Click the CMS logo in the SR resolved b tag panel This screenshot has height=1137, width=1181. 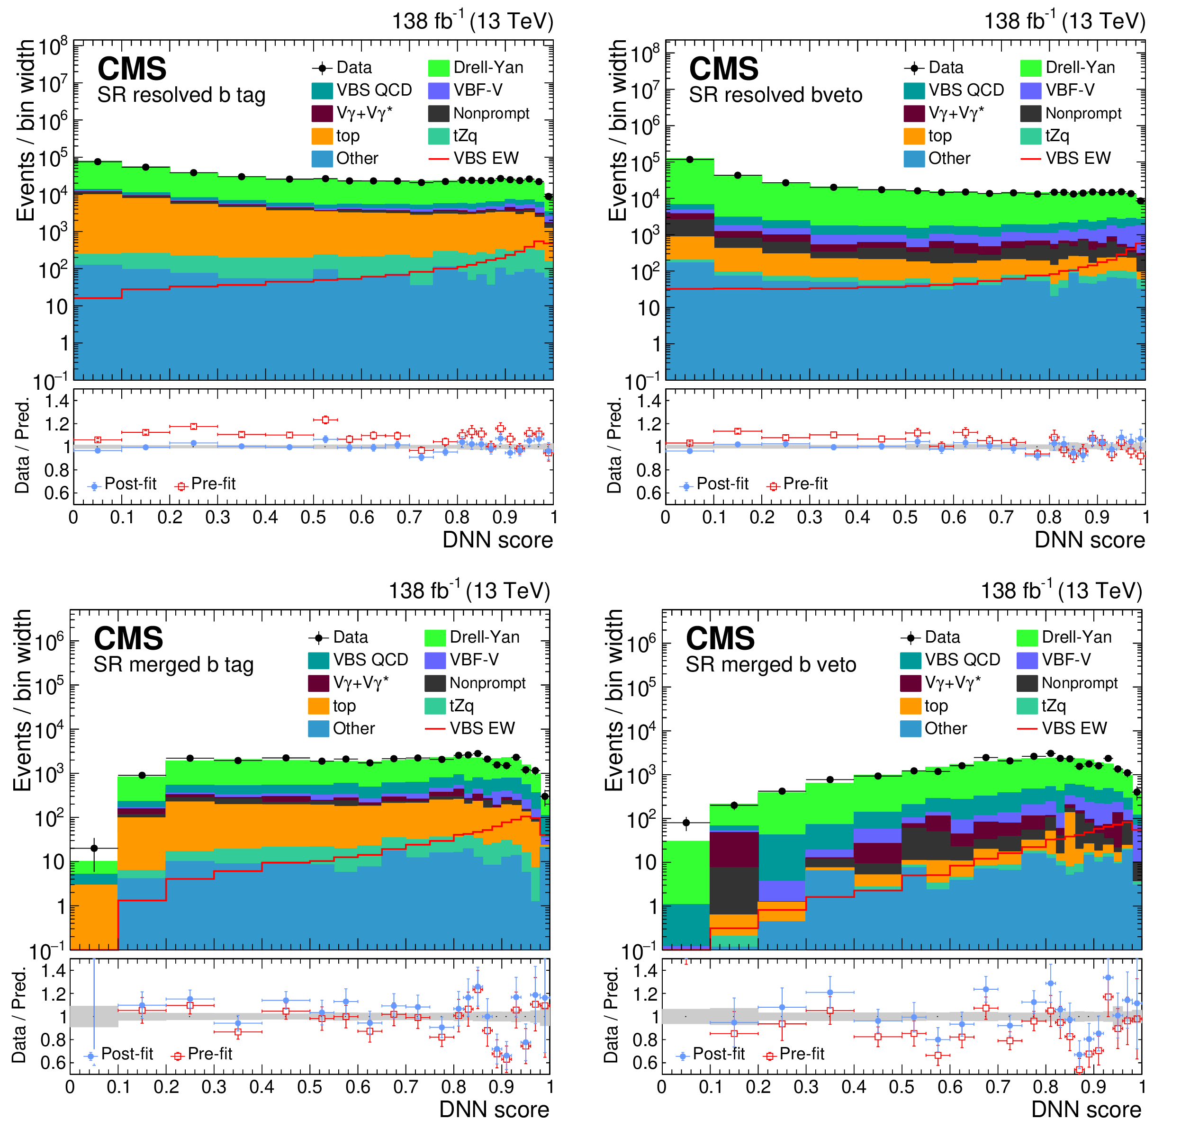click(132, 69)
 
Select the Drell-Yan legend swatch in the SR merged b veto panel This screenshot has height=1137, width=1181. click(1026, 637)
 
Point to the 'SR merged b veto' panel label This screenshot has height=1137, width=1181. click(771, 665)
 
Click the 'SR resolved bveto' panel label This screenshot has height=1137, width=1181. click(775, 95)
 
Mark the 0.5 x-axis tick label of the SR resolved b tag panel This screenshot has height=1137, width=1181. click(313, 517)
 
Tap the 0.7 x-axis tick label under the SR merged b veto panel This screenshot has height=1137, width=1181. click(998, 1087)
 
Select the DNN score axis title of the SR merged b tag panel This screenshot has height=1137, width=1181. click(494, 1110)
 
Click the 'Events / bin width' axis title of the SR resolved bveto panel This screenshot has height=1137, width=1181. click(618, 131)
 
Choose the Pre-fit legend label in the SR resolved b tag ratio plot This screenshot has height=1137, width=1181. click(213, 483)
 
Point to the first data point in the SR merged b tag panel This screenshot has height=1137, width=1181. click(94, 848)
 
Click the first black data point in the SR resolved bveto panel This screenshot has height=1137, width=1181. click(690, 160)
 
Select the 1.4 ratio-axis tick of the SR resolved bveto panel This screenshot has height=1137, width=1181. click(649, 401)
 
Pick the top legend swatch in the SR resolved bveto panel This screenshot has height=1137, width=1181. click(914, 136)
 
